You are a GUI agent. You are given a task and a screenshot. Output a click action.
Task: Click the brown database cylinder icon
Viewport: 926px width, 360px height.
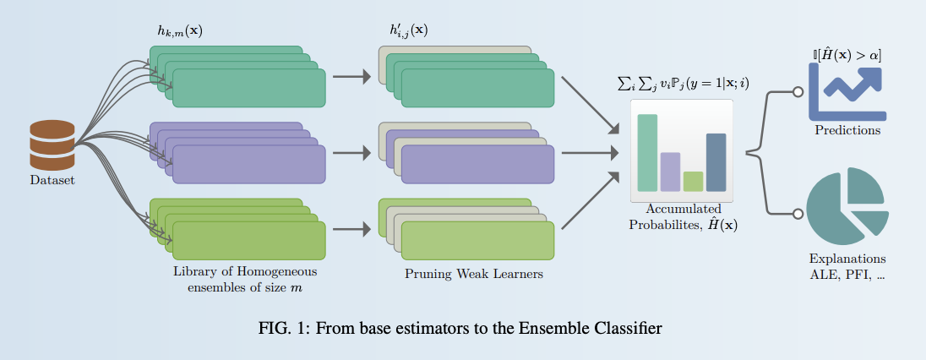(x=52, y=145)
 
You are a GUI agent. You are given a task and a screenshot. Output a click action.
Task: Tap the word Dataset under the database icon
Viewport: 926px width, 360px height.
(x=52, y=180)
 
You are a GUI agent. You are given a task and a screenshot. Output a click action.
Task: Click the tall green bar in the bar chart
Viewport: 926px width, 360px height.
(x=647, y=153)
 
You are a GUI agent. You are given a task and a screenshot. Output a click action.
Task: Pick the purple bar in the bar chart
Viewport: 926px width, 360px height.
(x=670, y=172)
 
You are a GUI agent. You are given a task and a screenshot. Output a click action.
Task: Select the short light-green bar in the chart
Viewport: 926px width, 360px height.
(x=693, y=181)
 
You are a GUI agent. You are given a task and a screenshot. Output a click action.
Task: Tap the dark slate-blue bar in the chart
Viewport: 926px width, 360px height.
(x=716, y=162)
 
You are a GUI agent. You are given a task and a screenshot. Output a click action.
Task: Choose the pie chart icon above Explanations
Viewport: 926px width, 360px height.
(x=846, y=204)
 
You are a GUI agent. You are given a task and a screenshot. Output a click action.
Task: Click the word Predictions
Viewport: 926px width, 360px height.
(x=847, y=131)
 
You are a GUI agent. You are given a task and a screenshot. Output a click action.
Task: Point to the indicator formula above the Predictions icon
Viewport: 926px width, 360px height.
(x=847, y=55)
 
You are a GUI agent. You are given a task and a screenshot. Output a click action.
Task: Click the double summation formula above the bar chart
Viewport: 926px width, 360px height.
(x=684, y=85)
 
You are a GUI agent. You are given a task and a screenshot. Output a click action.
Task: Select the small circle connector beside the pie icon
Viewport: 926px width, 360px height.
(x=798, y=211)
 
